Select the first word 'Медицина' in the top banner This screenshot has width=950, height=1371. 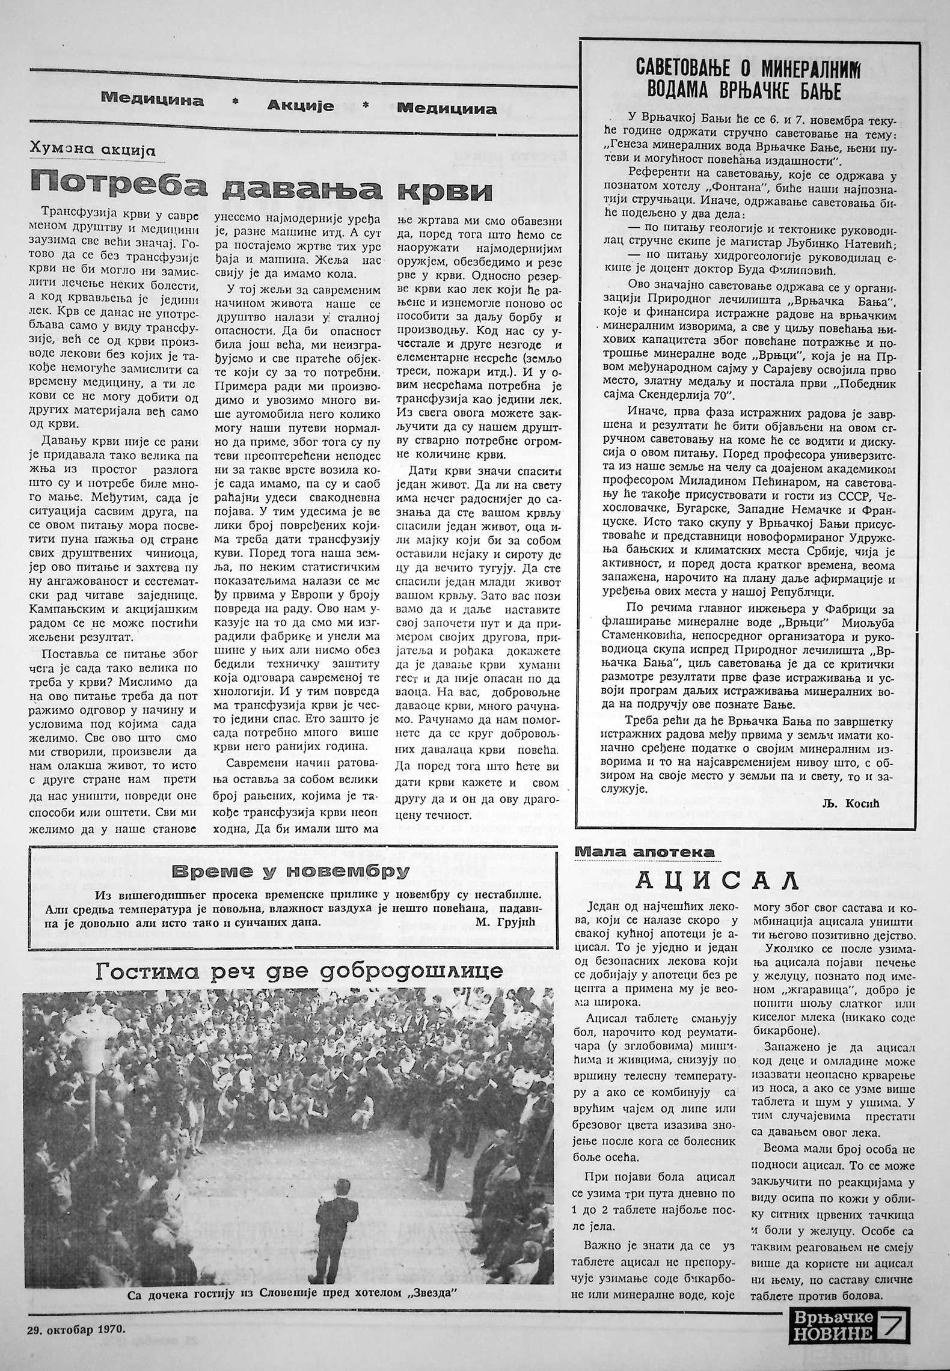pyautogui.click(x=153, y=99)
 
